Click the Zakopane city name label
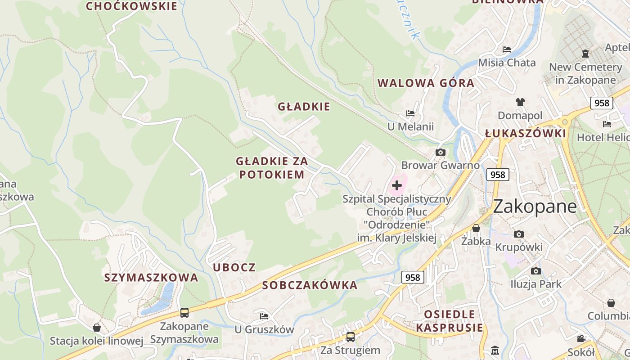point(535,207)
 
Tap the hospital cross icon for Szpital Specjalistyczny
point(397,185)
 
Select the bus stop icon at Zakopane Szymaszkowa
point(184,312)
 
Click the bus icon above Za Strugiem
point(350,336)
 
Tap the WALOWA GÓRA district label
point(426,83)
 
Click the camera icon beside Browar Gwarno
point(441,153)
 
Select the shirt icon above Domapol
point(520,102)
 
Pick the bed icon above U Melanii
point(410,113)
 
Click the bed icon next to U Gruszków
point(264,316)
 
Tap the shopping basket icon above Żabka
point(476,228)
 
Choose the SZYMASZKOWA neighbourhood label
point(151,278)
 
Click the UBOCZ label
point(234,268)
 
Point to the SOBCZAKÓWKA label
point(310,285)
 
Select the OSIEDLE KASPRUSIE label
point(449,321)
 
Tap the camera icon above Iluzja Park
point(535,271)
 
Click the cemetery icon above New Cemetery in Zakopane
point(585,54)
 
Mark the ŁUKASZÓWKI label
point(525,134)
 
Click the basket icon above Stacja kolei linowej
point(96,327)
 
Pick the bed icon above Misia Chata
point(507,49)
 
